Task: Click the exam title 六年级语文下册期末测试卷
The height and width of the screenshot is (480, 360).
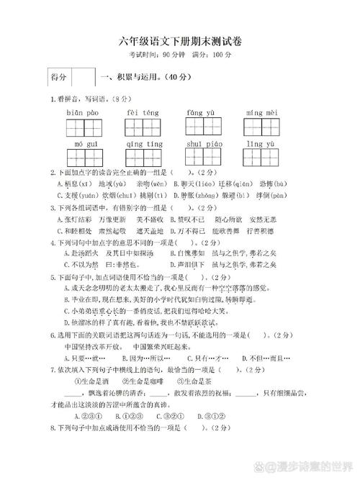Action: point(180,42)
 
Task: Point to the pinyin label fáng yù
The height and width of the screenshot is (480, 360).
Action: point(200,113)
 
